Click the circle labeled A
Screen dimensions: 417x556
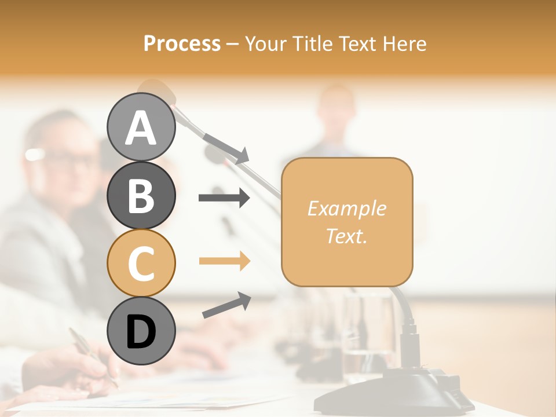tap(141, 127)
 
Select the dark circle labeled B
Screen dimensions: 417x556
tap(141, 195)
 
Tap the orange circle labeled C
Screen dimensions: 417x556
tap(141, 263)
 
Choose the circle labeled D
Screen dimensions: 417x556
tap(141, 331)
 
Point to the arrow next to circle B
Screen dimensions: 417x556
tap(224, 198)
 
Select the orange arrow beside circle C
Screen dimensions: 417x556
tap(224, 261)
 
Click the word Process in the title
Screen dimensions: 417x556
tap(182, 43)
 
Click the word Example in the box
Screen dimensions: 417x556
tap(346, 209)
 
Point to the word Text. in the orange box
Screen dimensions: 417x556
tap(346, 236)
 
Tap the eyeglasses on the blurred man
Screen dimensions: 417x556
tap(61, 156)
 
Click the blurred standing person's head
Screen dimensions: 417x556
tap(336, 107)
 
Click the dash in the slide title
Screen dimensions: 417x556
tap(232, 44)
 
